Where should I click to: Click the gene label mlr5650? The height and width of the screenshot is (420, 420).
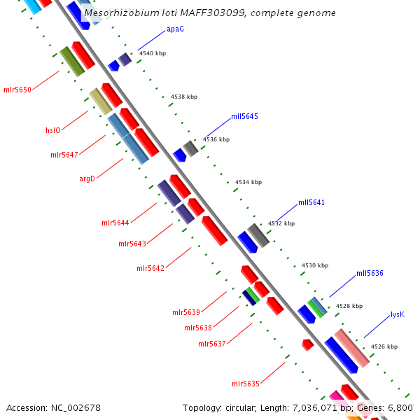tap(17, 90)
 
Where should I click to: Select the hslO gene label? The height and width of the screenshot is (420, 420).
tap(53, 129)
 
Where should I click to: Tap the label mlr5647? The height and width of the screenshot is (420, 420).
tap(64, 155)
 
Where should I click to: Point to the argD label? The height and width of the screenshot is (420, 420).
tap(87, 178)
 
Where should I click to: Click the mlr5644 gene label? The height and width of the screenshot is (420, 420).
tap(115, 223)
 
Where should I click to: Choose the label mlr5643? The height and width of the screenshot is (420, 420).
tap(132, 244)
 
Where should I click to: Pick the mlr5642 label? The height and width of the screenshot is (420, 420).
tap(150, 268)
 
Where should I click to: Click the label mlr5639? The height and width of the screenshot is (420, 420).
tap(186, 312)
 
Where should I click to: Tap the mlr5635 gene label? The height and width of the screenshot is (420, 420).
tap(246, 384)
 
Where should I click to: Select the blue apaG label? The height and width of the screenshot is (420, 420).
tap(175, 29)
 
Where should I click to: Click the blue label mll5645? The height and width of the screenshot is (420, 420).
tap(244, 116)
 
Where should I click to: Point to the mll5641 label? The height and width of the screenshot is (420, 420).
tap(311, 202)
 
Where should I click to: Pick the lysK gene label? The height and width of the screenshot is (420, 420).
tap(398, 314)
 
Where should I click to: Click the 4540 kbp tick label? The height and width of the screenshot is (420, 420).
tap(153, 53)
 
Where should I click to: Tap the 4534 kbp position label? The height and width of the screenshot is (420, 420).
tap(248, 182)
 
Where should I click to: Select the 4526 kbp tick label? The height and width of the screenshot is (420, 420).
tap(384, 346)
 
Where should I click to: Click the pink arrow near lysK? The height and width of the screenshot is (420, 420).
tap(351, 348)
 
